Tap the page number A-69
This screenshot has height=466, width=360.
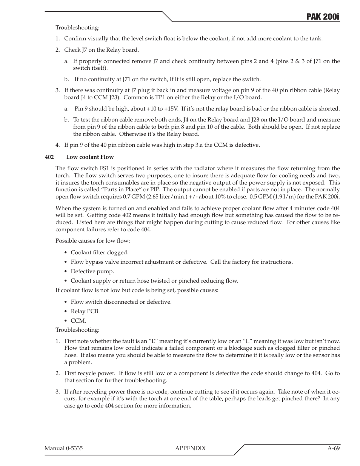(333, 448)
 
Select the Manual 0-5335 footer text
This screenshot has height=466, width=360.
(63, 448)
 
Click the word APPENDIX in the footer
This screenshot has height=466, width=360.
(191, 448)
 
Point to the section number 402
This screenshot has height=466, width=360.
(49, 157)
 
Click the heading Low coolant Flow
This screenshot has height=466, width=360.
(90, 157)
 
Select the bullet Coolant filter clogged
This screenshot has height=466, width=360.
(99, 252)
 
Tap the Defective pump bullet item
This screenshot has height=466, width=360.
(92, 271)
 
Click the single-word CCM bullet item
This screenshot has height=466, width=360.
(78, 321)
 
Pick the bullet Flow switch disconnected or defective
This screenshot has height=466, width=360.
(121, 302)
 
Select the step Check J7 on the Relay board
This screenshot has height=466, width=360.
(101, 49)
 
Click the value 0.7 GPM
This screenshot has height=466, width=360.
(133, 197)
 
